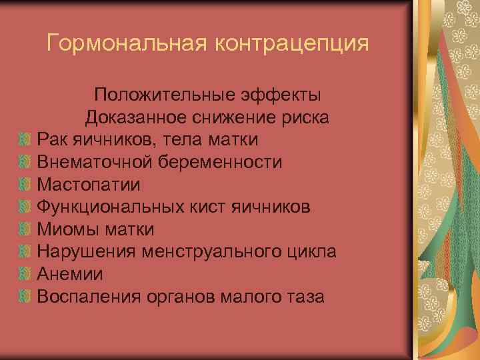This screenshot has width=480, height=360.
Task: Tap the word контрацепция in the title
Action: [291, 44]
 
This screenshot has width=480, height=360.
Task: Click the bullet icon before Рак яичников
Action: [25, 140]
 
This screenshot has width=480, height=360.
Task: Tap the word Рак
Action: [54, 140]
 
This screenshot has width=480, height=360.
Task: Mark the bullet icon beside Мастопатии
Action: [25, 185]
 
